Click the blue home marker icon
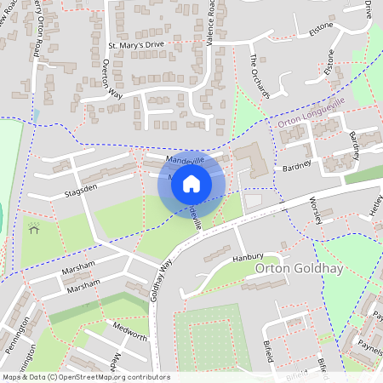coord(191,184)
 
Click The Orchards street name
coord(259,77)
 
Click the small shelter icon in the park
coord(34,228)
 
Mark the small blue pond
coord(36,114)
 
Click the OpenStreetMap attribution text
coord(85,377)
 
